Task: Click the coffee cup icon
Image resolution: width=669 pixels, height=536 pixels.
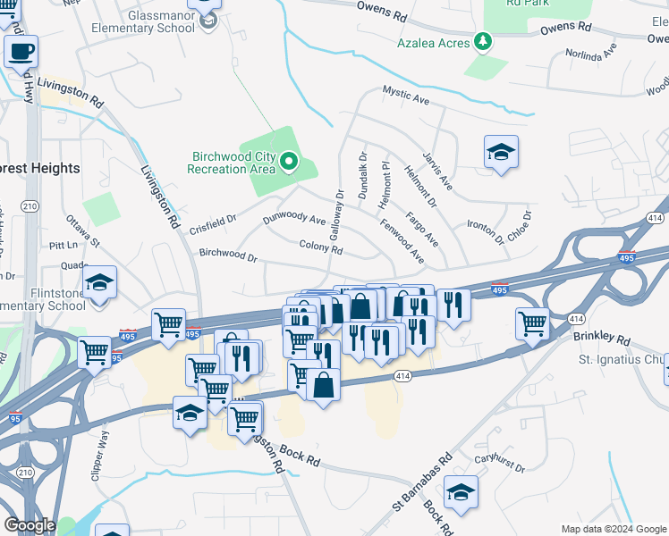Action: [x=21, y=50]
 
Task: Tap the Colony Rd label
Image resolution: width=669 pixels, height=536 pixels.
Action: [x=321, y=248]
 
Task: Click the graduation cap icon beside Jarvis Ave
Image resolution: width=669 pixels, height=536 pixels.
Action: [x=502, y=152]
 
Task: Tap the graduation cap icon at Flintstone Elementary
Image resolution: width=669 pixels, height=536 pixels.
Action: [x=101, y=283]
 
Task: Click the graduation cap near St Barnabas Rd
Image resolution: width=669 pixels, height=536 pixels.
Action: [x=461, y=492]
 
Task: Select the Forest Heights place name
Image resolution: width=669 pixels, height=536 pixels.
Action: [x=40, y=168]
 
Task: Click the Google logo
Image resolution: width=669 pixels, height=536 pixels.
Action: [x=29, y=525]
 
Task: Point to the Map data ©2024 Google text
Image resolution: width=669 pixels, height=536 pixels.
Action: [x=613, y=529]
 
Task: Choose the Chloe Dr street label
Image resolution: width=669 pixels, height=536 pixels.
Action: [x=520, y=228]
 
